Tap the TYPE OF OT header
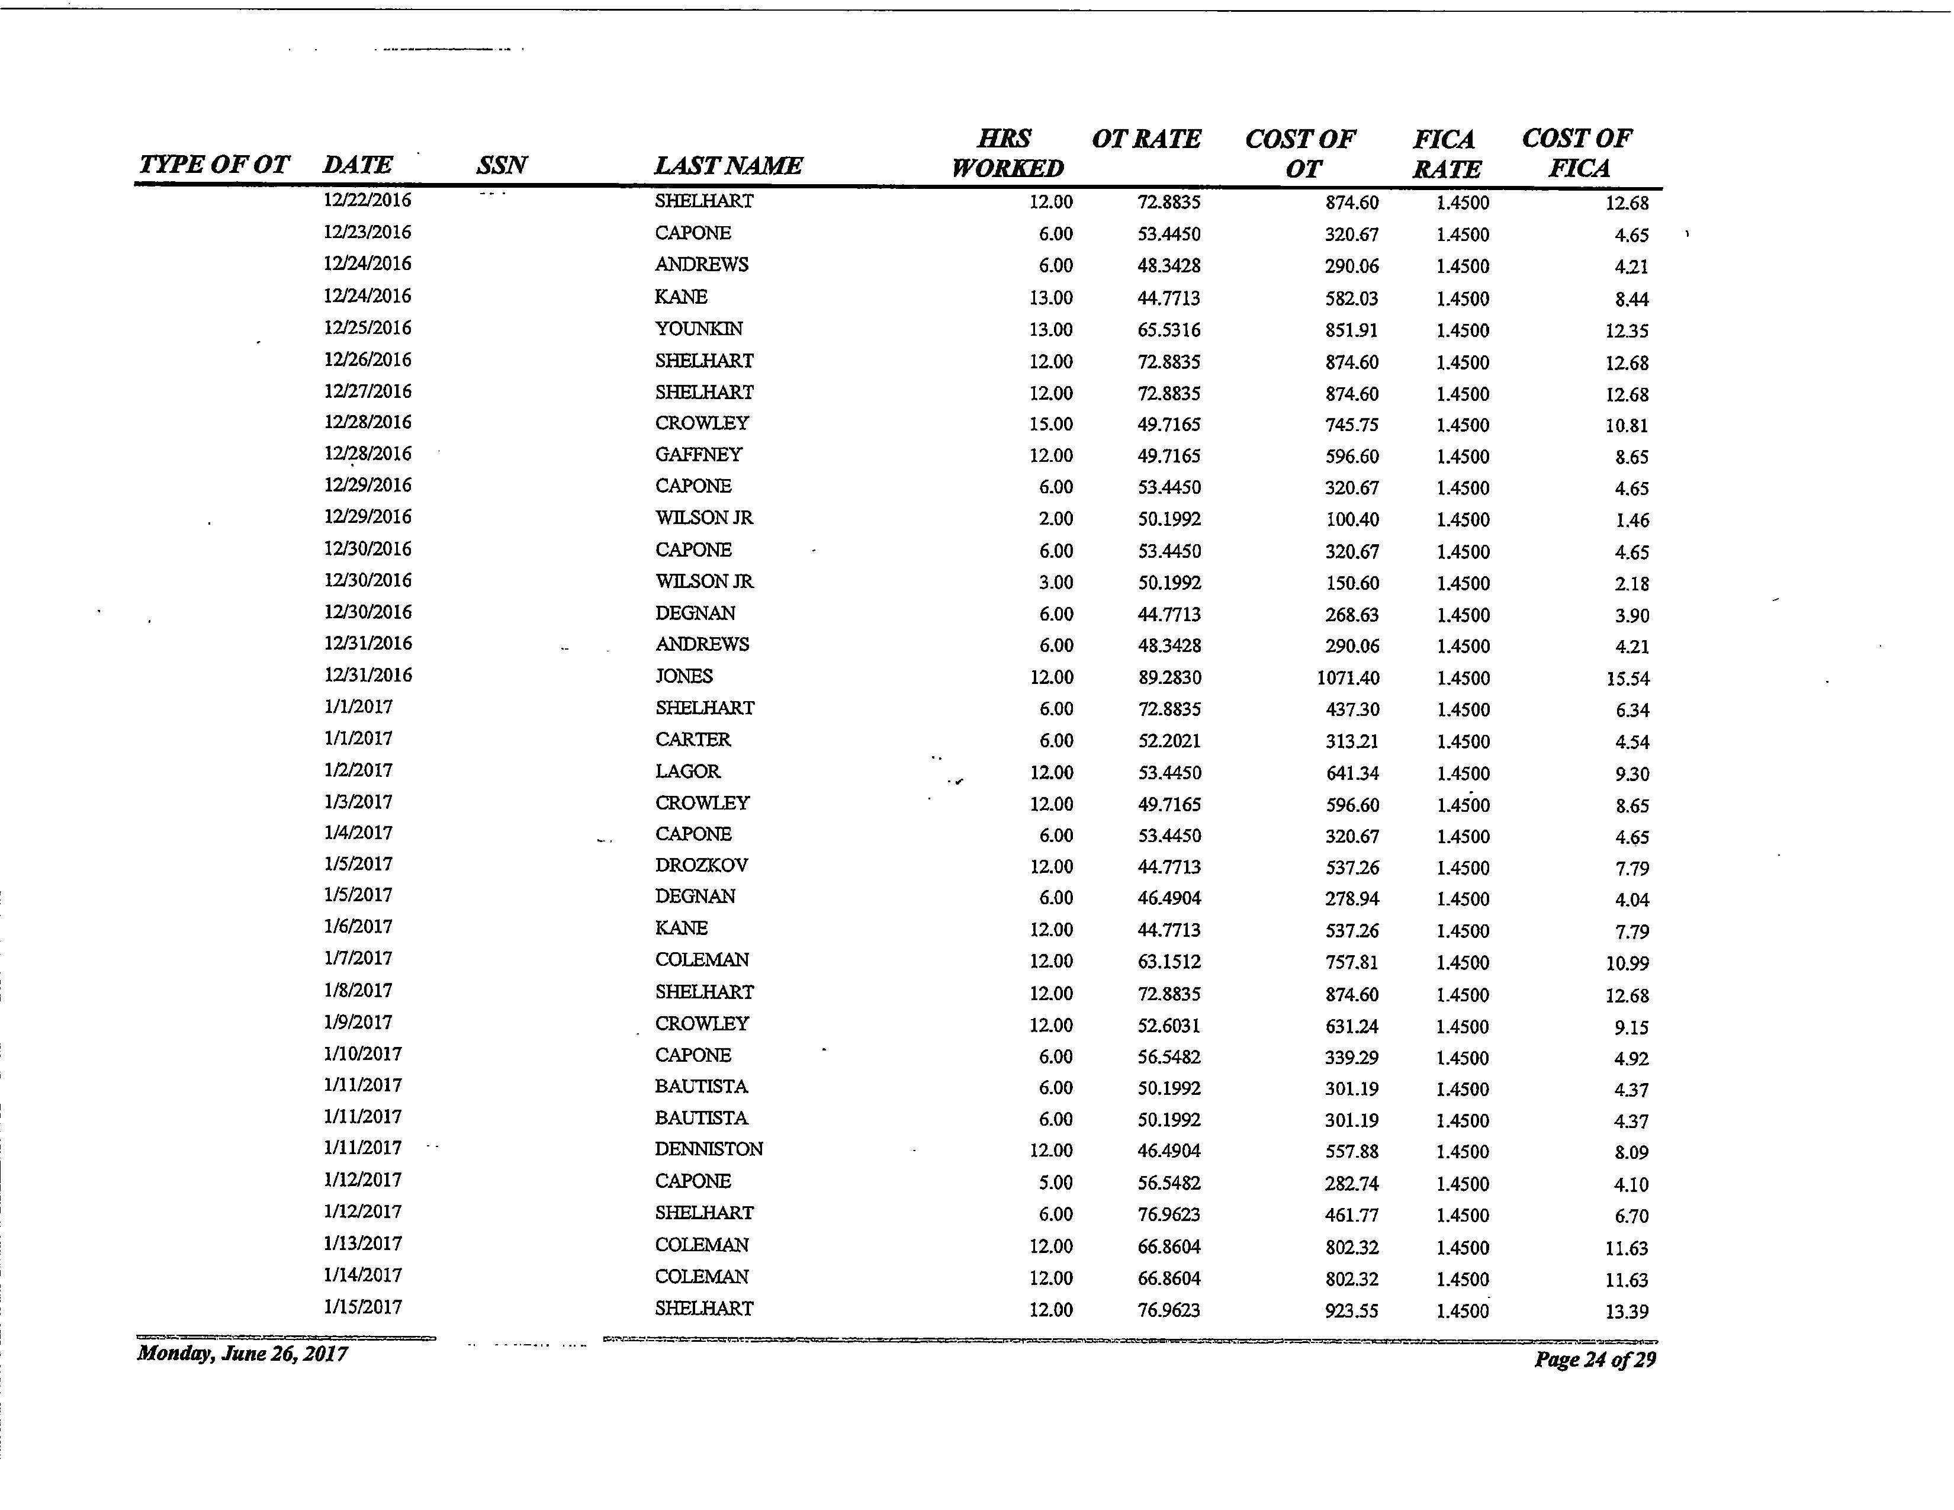click(x=214, y=165)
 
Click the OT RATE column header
click(x=1146, y=140)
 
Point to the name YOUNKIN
click(x=698, y=329)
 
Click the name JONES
click(x=683, y=676)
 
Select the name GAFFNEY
click(x=698, y=454)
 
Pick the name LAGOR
click(x=687, y=771)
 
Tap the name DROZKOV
click(x=700, y=865)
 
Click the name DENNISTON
click(x=709, y=1149)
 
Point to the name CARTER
click(x=693, y=740)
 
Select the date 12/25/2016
click(x=367, y=328)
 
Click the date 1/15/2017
click(x=362, y=1307)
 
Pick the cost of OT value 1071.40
click(x=1348, y=678)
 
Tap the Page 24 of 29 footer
click(x=1595, y=1360)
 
